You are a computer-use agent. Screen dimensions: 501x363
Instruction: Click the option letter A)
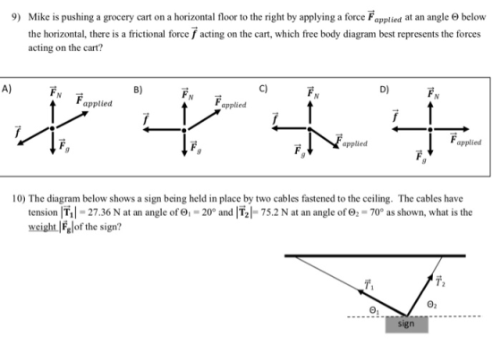tap(6, 89)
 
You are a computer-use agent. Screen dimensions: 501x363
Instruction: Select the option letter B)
tap(138, 90)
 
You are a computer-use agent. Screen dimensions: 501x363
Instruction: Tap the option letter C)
tap(263, 89)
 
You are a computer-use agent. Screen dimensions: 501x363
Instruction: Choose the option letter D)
tap(384, 90)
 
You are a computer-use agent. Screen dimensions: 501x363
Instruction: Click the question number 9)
tap(16, 17)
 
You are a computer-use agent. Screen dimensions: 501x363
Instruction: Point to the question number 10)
tap(19, 199)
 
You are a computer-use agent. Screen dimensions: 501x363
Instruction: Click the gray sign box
tap(406, 324)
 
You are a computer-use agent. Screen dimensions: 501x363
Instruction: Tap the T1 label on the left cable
tap(369, 284)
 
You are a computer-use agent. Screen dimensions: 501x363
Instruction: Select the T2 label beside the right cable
tap(441, 281)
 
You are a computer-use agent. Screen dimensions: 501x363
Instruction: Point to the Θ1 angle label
tap(374, 310)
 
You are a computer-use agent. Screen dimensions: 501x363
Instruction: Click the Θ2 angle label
tap(432, 305)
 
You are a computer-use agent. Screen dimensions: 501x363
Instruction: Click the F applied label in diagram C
tap(352, 142)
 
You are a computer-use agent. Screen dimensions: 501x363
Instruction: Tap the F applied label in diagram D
tap(465, 140)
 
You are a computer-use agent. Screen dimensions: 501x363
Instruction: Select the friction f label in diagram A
tap(18, 131)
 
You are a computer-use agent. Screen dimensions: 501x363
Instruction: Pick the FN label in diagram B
tap(188, 94)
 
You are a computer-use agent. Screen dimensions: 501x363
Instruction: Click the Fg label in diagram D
tap(421, 157)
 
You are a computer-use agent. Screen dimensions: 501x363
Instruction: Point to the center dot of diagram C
tap(310, 129)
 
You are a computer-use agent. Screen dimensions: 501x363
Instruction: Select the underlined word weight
tap(43, 227)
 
